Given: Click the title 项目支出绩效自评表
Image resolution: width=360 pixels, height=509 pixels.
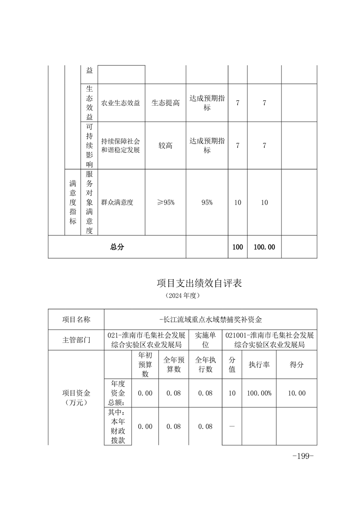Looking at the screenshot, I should coord(199,284).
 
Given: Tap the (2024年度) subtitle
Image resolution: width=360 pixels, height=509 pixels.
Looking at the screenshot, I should coord(182,295).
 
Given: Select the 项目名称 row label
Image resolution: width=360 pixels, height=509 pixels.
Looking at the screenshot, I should coord(76,319).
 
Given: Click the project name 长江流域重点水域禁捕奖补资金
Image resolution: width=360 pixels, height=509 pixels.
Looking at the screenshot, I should coord(211,319).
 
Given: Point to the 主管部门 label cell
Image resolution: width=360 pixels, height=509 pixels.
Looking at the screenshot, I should coord(76,340).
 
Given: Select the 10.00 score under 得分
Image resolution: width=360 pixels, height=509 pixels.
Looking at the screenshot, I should coord(297,393).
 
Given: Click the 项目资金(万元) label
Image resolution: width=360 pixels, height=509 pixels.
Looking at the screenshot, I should coord(76,397).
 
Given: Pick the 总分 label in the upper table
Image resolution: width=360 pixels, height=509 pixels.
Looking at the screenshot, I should coord(117,247).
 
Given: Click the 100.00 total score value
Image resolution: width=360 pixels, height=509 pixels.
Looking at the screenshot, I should coord(264,247).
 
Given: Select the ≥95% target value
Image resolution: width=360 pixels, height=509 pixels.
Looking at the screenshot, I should coord(165,202).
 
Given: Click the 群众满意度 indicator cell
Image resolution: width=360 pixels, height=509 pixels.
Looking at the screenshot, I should coord(117,202).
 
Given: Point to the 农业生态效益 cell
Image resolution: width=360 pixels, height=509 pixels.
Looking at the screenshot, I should coord(120,103).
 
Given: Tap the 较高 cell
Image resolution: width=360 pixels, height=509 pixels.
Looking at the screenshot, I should coord(165,146).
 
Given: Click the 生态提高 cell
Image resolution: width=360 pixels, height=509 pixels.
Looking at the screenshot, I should coord(165,103).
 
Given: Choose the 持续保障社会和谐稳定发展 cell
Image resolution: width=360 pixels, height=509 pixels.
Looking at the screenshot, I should coord(120,146).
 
